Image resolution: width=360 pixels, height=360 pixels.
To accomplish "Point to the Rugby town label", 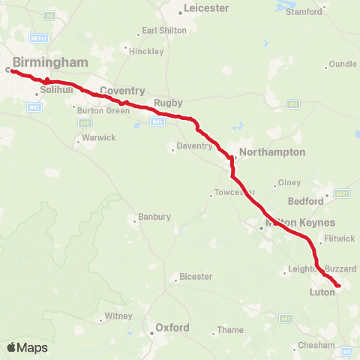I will click(163, 103).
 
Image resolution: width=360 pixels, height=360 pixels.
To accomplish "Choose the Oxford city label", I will click(172, 328).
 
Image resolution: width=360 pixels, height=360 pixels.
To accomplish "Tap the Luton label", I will click(322, 292).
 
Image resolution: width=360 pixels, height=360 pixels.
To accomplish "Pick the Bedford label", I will click(306, 201).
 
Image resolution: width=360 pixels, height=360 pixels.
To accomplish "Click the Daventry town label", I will click(195, 146).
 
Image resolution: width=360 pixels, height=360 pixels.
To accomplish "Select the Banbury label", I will click(154, 217).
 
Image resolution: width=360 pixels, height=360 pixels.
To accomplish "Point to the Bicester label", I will click(196, 277).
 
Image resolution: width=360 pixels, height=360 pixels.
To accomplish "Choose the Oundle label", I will click(342, 64).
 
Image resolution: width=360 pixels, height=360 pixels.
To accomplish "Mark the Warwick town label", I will click(99, 138).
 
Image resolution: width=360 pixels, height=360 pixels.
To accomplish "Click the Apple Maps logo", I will click(27, 348).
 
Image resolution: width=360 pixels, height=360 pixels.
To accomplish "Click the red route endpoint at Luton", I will click(338, 286).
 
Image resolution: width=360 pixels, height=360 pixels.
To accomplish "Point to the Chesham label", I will click(315, 345).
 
